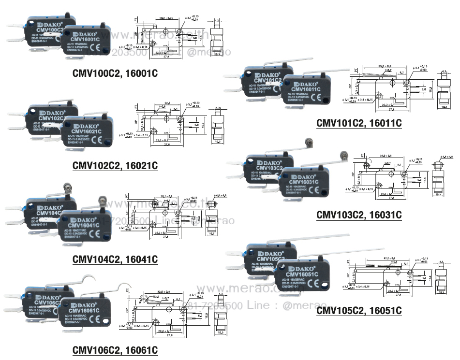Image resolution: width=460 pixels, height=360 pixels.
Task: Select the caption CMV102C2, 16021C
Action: tap(115, 166)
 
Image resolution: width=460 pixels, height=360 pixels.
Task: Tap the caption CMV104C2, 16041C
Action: tap(115, 259)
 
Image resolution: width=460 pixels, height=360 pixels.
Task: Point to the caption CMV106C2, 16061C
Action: tap(115, 350)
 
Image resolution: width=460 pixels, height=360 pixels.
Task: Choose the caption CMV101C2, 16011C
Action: tap(359, 123)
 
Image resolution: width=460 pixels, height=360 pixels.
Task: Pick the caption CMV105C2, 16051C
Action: tap(359, 310)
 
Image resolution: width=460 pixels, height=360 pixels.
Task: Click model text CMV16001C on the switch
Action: tap(86, 39)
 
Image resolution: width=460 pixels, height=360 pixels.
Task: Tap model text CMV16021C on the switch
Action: tap(87, 131)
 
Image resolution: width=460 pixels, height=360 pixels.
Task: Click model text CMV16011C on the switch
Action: tap(304, 89)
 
